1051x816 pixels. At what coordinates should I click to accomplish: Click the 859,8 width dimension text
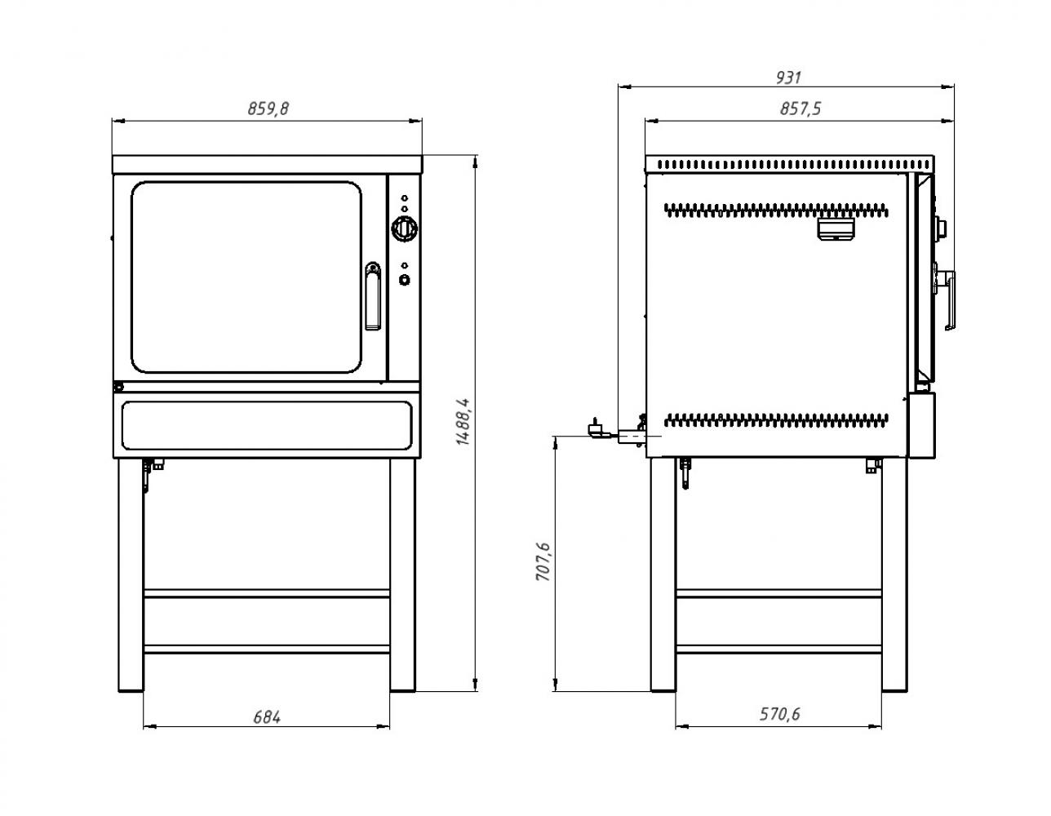[268, 109]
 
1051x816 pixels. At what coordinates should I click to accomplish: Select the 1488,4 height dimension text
[463, 422]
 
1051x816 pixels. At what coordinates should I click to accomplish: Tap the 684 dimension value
[267, 716]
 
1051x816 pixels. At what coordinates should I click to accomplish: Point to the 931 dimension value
[788, 78]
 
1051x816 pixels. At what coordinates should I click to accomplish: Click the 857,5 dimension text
[800, 109]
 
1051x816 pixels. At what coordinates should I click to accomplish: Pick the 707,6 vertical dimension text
[543, 561]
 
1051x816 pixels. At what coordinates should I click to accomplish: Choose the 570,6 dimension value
[779, 714]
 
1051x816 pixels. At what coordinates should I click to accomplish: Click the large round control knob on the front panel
[404, 228]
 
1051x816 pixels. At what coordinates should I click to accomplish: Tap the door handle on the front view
[372, 296]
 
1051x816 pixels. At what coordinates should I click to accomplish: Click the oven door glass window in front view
[246, 277]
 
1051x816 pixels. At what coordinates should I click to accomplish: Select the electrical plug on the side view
[594, 428]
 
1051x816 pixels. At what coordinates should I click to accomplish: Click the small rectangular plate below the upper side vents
[835, 228]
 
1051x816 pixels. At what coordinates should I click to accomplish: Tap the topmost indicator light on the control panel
[405, 197]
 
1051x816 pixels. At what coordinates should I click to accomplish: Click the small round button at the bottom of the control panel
[405, 280]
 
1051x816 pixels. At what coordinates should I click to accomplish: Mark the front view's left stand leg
[131, 575]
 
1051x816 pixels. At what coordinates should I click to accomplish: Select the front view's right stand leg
[402, 575]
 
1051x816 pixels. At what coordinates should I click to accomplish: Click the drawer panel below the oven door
[267, 425]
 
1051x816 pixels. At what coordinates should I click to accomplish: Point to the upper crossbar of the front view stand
[267, 593]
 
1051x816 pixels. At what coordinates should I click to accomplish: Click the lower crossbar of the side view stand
[778, 649]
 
